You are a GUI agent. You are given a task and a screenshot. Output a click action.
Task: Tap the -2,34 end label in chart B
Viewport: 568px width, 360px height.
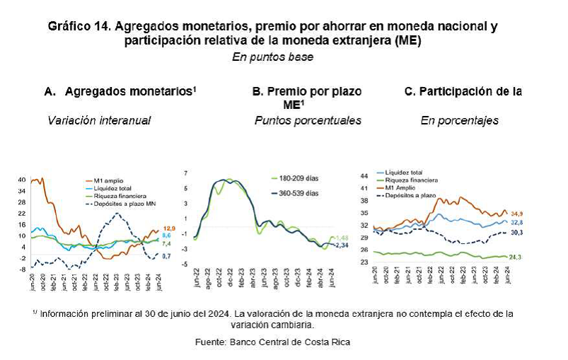point(343,245)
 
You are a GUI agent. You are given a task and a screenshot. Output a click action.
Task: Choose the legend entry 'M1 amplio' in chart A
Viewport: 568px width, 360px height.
point(109,180)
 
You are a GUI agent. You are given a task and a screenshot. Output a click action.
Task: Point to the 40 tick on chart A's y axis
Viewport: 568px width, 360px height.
point(21,180)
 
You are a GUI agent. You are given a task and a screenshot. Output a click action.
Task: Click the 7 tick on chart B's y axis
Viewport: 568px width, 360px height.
point(185,173)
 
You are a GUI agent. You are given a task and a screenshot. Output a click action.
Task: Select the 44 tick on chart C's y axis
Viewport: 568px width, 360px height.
point(365,175)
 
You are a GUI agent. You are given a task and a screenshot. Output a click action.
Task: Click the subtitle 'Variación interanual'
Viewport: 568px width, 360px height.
point(99,121)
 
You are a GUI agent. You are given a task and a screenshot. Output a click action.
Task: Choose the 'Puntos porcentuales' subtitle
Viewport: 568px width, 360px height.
point(308,121)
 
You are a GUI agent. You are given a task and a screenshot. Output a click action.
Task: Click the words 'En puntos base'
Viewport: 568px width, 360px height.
point(272,57)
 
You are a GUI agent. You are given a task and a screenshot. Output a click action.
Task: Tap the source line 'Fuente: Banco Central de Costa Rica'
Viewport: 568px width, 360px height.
point(272,342)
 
